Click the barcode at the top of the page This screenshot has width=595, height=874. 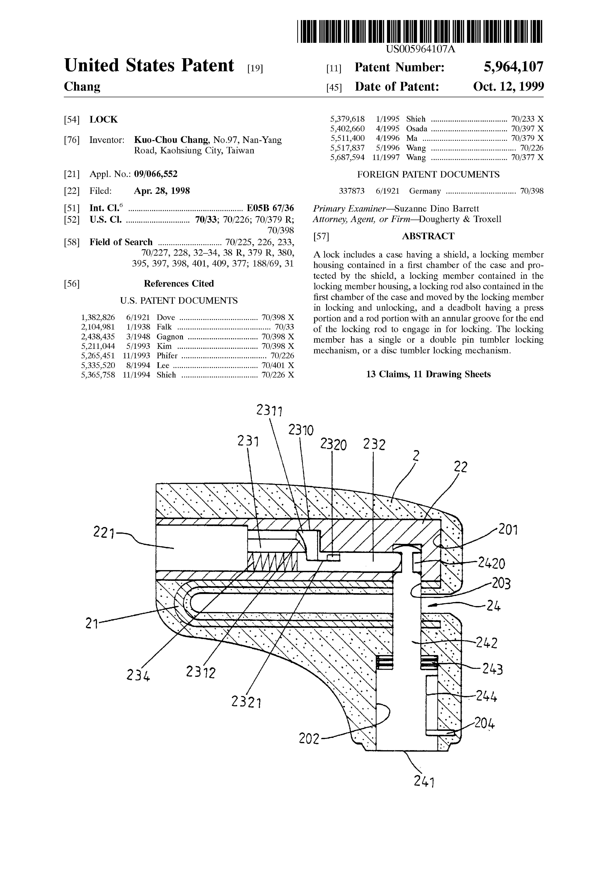coord(420,31)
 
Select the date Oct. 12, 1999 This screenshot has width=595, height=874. coord(508,87)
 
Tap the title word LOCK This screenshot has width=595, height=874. coord(103,120)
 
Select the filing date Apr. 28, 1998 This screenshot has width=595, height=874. coord(162,191)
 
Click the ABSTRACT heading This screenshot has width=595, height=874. coord(428,236)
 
